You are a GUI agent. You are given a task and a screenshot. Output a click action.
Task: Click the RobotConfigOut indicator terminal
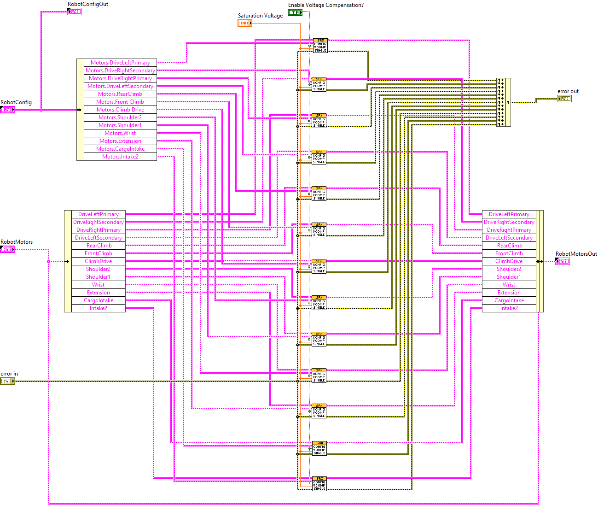pos(74,12)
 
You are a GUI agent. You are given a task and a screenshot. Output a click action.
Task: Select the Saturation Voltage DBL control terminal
pos(245,23)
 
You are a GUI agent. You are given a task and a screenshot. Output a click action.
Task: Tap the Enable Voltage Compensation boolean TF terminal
pos(295,12)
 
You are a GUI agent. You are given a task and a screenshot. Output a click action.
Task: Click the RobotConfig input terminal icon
pos(7,110)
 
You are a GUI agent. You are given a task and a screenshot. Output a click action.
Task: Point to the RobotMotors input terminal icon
pos(7,249)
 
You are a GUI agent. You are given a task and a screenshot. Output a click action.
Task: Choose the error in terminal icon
pos(7,381)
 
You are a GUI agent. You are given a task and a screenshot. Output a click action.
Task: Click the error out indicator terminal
pos(564,99)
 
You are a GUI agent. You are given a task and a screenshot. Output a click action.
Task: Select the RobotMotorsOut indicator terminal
pos(562,261)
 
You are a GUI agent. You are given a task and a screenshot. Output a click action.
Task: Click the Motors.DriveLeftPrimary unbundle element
pos(120,63)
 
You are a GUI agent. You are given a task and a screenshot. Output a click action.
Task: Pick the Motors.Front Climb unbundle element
pos(120,102)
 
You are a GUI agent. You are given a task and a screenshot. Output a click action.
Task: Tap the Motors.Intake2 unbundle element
pos(120,157)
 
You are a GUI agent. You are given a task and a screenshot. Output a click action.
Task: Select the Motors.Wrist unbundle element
pos(120,133)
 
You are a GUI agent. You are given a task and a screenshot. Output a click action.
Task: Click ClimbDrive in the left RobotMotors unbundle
pos(99,261)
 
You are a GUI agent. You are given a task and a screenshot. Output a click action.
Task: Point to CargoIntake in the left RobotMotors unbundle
pos(99,300)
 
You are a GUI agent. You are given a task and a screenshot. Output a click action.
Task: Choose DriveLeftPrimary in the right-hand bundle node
pos(509,214)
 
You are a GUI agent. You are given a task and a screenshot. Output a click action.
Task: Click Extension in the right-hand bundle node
pos(509,293)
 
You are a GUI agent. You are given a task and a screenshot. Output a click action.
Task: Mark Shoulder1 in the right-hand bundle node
pos(509,277)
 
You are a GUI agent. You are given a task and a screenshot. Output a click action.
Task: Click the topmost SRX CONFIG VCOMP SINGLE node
pos(320,45)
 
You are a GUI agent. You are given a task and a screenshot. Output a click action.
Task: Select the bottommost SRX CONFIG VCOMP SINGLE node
pos(319,483)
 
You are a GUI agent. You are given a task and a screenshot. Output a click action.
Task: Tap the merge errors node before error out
pos(503,102)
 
